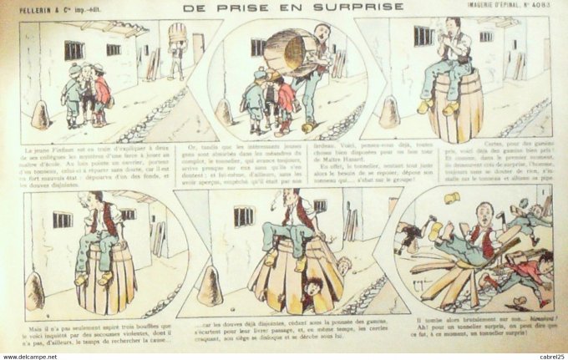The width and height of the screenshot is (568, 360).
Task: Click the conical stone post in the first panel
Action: tap(41, 116)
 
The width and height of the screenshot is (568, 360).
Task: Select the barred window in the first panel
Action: tap(74, 50)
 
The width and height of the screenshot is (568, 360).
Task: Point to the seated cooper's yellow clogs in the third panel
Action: tap(439, 106)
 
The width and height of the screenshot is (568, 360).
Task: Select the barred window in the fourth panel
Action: tap(63, 220)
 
